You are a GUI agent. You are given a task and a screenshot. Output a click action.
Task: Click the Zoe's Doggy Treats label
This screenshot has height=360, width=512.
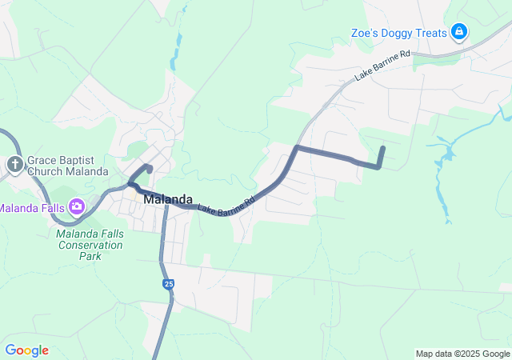click(x=398, y=33)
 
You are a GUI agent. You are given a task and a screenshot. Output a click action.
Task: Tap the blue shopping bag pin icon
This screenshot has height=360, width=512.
click(x=459, y=33)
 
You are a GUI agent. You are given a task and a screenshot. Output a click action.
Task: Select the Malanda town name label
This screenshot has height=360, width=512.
click(x=168, y=200)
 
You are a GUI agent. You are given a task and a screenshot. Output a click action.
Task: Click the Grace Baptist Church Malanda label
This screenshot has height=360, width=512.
click(x=67, y=166)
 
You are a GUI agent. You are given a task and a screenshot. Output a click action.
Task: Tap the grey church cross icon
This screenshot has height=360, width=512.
click(x=14, y=166)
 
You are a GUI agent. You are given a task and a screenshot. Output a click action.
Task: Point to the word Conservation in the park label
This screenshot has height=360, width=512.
click(x=90, y=245)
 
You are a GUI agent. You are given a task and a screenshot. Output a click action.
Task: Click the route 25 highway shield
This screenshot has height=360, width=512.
click(x=168, y=284)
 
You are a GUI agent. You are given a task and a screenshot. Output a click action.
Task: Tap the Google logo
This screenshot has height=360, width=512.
click(x=26, y=350)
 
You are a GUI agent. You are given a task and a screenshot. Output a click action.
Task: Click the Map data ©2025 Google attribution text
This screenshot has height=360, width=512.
click(x=462, y=354)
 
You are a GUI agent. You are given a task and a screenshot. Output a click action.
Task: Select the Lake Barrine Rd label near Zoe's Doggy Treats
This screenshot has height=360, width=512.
click(x=382, y=66)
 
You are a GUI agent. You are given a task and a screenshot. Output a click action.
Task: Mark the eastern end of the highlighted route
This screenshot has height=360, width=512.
click(x=383, y=148)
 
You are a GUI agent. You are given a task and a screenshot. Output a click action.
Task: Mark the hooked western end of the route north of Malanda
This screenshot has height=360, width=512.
click(x=150, y=167)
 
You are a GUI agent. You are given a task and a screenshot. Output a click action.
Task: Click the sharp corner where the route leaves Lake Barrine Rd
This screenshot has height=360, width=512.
click(x=297, y=148)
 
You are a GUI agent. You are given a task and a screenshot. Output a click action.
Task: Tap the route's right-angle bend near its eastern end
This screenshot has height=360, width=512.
click(x=378, y=166)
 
